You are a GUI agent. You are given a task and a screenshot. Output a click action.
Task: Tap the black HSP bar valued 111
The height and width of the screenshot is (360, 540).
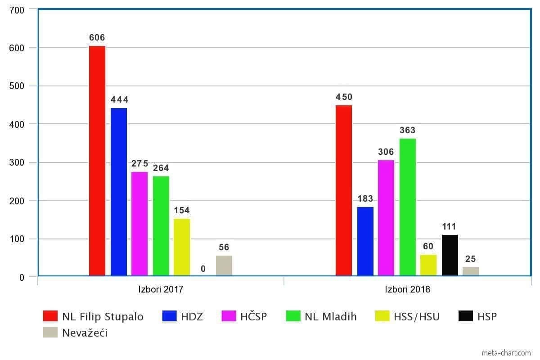(x=450, y=255)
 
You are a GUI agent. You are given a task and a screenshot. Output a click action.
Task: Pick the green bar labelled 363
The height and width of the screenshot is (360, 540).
(x=408, y=207)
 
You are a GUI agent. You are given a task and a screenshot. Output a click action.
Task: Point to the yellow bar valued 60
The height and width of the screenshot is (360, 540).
(x=428, y=265)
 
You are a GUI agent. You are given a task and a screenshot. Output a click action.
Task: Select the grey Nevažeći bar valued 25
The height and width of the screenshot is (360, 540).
(x=471, y=271)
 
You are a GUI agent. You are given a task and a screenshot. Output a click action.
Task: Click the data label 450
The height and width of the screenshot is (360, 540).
(x=344, y=97)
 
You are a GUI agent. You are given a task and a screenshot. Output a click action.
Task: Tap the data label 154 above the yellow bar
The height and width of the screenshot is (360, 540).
(x=182, y=211)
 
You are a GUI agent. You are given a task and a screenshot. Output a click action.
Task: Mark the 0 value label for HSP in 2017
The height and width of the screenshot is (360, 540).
(x=203, y=269)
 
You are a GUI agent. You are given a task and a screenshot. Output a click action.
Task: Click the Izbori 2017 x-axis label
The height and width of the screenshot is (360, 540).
(x=161, y=289)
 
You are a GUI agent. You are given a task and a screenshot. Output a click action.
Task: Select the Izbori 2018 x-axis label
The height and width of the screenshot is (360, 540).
(x=407, y=289)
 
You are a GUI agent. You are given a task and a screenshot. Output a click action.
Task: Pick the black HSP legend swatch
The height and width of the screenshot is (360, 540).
(x=466, y=316)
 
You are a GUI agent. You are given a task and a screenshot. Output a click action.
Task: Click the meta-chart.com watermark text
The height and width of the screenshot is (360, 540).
(x=506, y=353)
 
